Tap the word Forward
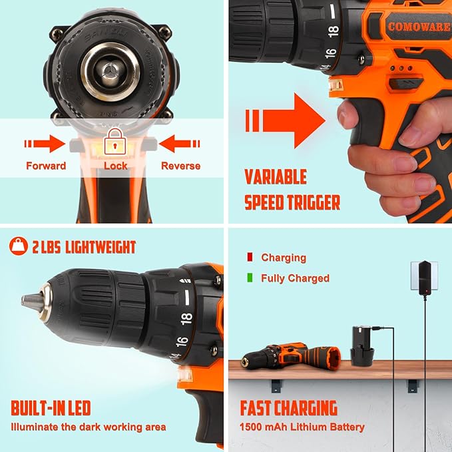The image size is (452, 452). [46, 166]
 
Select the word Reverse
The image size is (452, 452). [180, 166]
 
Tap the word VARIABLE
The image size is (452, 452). [276, 177]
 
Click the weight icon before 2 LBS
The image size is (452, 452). [18, 247]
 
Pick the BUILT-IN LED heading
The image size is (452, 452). [51, 407]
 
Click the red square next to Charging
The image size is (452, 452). [250, 257]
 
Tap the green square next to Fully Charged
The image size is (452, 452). [250, 278]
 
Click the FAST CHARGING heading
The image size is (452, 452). [289, 407]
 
